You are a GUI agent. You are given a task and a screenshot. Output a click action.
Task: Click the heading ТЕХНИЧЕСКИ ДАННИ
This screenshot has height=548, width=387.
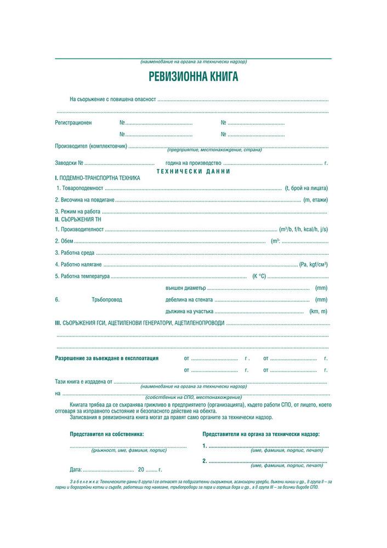[x=193, y=171]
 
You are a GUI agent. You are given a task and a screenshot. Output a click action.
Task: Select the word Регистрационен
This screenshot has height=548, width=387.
[x=73, y=123]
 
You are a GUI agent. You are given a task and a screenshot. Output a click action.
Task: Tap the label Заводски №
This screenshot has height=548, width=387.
[x=69, y=163]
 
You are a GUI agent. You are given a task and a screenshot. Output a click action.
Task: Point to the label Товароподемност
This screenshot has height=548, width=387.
[x=79, y=187]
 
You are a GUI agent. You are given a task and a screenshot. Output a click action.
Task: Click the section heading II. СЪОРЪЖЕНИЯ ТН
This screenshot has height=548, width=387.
[x=78, y=219]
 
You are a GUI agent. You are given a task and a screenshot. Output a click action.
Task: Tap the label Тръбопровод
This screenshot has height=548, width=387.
[x=107, y=300]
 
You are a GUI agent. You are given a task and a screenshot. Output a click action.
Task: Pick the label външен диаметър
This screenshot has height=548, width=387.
[x=185, y=288]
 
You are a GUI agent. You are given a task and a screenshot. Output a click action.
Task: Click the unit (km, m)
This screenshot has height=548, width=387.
[x=318, y=311]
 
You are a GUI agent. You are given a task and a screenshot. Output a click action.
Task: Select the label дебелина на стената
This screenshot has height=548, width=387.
[x=189, y=300]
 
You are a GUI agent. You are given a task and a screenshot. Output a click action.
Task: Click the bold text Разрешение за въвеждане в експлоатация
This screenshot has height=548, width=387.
[x=107, y=358]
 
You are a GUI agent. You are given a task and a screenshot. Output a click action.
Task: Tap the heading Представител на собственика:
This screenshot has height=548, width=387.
[x=107, y=433]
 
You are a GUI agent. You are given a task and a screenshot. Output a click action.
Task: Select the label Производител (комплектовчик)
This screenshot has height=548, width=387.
[x=91, y=146]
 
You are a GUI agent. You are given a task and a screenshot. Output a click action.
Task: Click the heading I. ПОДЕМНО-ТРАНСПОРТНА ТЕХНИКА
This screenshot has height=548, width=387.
[x=98, y=178]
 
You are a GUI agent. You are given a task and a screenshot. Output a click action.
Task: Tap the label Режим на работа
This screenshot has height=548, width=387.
[x=78, y=212]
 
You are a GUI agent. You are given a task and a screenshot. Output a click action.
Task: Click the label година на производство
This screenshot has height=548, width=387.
[x=193, y=163]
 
